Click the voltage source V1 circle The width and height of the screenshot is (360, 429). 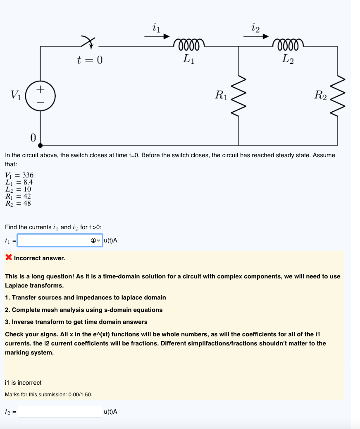pyautogui.click(x=40, y=96)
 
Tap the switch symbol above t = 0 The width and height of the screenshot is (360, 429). pyautogui.click(x=87, y=41)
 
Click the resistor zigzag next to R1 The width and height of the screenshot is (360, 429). pyautogui.click(x=238, y=96)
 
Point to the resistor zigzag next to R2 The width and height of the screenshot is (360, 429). pyautogui.click(x=338, y=96)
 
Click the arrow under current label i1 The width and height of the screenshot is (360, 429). pyautogui.click(x=157, y=36)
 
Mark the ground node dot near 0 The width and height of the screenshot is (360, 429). pyautogui.click(x=40, y=145)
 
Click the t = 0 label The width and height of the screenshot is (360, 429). pyautogui.click(x=89, y=60)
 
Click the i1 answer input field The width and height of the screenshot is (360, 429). pyautogui.click(x=53, y=240)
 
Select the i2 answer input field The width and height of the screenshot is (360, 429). pyautogui.click(x=60, y=412)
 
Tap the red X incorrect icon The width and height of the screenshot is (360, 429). pyautogui.click(x=8, y=258)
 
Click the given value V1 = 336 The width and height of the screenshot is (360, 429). pyautogui.click(x=19, y=175)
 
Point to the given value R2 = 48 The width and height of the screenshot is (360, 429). pyautogui.click(x=18, y=203)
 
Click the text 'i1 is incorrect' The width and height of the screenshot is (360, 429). pyautogui.click(x=23, y=383)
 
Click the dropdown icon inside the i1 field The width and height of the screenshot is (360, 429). pyautogui.click(x=95, y=240)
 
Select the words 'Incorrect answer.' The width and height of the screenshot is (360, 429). pyautogui.click(x=39, y=258)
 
